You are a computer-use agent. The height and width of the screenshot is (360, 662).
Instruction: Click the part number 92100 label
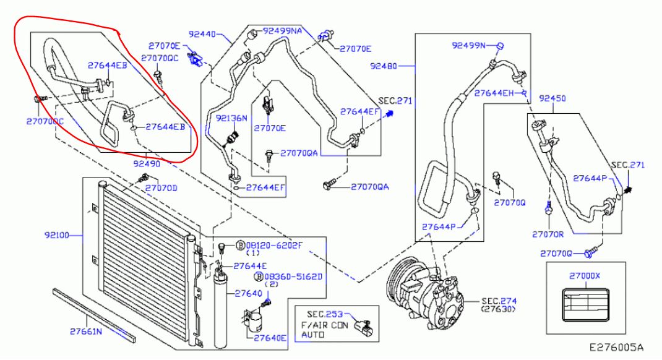tap(56, 235)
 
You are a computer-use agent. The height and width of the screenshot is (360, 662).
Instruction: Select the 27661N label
tap(86, 332)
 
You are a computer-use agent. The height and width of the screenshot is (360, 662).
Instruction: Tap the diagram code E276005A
tap(617, 348)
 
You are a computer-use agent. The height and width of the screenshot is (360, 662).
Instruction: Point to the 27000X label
tap(584, 276)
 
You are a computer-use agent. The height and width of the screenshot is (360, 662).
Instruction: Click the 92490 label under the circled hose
tap(147, 163)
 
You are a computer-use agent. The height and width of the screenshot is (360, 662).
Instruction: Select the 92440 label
tap(202, 34)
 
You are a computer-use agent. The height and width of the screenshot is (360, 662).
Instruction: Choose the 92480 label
tap(384, 66)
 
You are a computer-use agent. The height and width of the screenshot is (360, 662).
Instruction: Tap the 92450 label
tap(552, 98)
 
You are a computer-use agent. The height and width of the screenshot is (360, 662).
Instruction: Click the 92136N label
tap(231, 118)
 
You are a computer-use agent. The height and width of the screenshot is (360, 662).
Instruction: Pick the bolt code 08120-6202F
tap(274, 245)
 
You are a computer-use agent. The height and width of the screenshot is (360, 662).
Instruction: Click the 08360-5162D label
tap(293, 277)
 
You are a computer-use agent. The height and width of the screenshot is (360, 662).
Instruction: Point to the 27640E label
tap(270, 337)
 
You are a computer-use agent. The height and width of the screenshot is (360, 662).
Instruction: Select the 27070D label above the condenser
tap(161, 188)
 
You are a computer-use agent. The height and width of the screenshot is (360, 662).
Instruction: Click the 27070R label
tap(548, 234)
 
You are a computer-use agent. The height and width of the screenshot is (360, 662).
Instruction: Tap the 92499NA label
tap(283, 31)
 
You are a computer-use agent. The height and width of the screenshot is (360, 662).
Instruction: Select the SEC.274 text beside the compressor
tap(499, 301)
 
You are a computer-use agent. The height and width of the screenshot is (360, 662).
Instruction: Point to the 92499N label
tap(468, 45)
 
